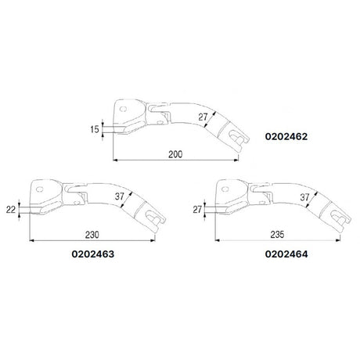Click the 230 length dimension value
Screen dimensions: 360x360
point(93,232)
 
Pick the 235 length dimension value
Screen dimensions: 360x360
point(273,232)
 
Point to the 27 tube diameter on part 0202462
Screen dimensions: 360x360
point(203,117)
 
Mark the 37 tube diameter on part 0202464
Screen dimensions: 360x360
point(303,197)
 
